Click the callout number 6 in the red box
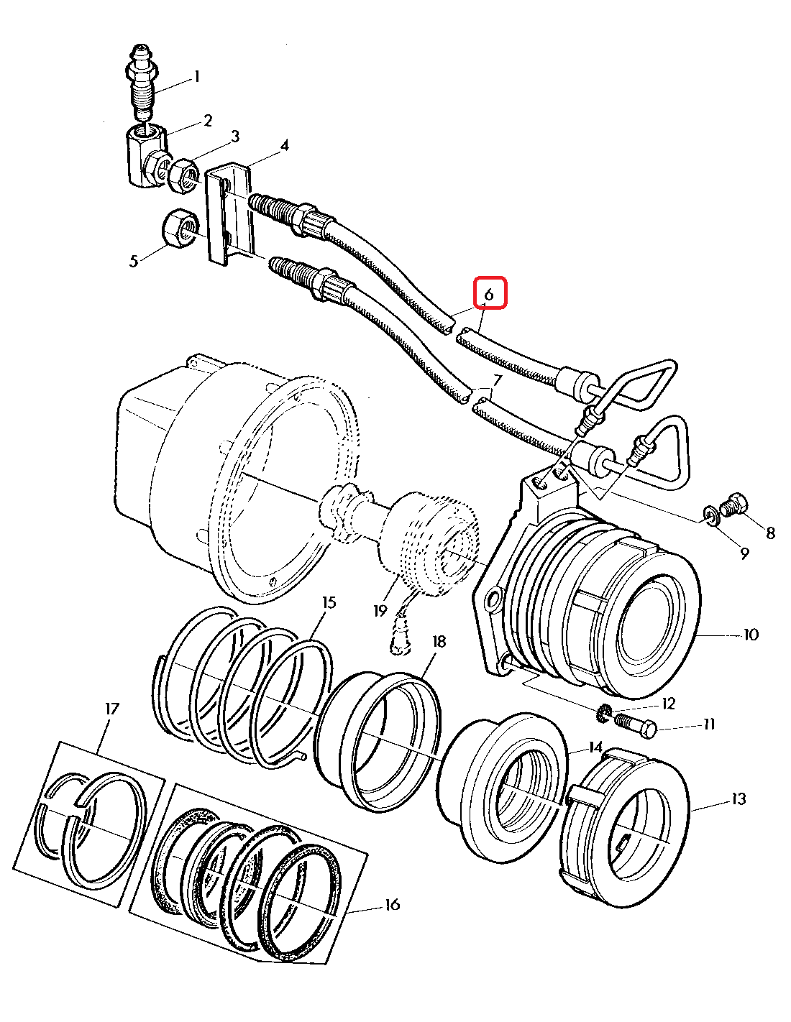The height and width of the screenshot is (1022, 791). [x=489, y=294]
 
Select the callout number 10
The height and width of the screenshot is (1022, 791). [x=751, y=635]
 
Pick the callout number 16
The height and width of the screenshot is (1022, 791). [x=391, y=905]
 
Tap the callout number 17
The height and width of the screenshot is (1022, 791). [x=112, y=709]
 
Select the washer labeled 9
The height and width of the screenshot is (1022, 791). [x=712, y=515]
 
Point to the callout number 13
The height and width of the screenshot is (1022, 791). [x=739, y=799]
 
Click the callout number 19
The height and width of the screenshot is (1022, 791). [x=380, y=611]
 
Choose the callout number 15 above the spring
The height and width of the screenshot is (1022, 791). [x=329, y=602]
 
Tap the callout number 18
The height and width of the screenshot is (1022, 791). [x=439, y=642]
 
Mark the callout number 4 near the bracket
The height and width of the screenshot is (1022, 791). [x=285, y=146]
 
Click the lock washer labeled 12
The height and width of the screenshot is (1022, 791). [x=605, y=712]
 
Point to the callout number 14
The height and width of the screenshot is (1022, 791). [x=595, y=747]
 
